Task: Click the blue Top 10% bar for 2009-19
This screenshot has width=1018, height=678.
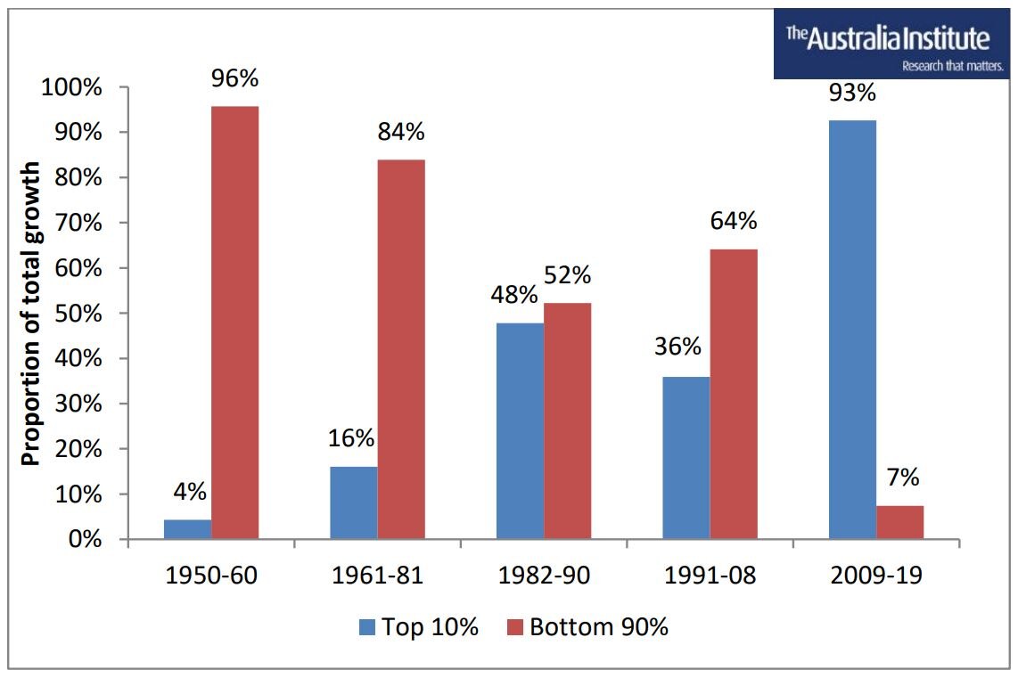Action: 852,330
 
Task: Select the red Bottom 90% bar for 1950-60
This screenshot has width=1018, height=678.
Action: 234,323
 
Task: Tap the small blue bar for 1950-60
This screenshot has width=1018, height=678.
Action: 187,529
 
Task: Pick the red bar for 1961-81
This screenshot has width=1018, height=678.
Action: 400,349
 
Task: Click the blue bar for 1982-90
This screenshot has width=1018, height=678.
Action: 520,430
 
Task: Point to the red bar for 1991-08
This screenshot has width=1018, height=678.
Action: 734,394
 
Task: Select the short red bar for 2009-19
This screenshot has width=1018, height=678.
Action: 899,522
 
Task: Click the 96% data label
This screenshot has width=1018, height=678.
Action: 234,78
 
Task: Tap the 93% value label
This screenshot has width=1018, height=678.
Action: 852,92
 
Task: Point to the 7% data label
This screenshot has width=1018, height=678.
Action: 902,478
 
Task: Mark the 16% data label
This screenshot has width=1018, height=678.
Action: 353,438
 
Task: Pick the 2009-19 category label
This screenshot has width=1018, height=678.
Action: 875,576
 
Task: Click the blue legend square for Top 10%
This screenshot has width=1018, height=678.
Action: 367,627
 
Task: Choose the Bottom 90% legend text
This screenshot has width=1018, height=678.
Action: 599,627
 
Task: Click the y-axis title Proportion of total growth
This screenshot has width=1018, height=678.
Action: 31,314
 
